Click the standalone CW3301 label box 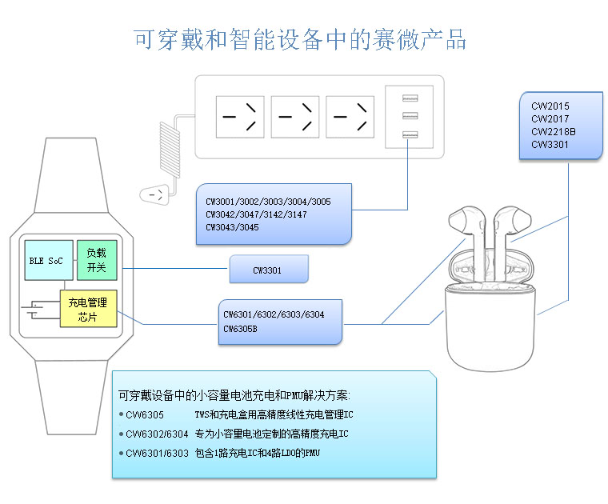click(268, 270)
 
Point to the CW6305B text click(240, 328)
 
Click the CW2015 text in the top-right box click(550, 106)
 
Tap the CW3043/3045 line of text click(232, 227)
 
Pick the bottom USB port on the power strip click(410, 134)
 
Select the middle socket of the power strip click(295, 117)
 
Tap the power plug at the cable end click(156, 194)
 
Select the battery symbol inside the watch click(36, 309)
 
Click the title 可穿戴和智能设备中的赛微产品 click(300, 39)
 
